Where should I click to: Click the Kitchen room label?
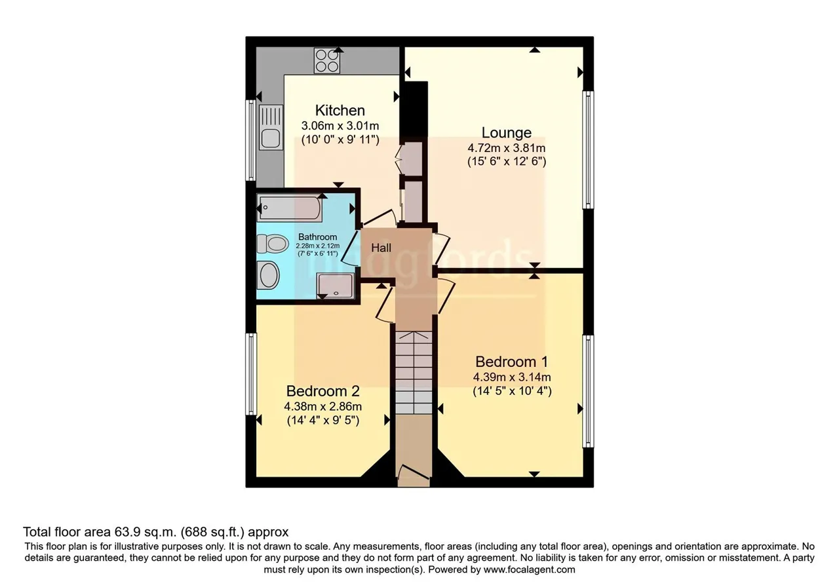pyautogui.click(x=340, y=111)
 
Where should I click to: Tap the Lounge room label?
pyautogui.click(x=507, y=132)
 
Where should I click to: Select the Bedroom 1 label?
pyautogui.click(x=512, y=362)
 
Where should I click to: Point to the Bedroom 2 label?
pyautogui.click(x=323, y=391)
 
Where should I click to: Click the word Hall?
pyautogui.click(x=381, y=248)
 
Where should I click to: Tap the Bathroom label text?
pyautogui.click(x=318, y=237)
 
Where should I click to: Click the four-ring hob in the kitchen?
pyautogui.click(x=327, y=61)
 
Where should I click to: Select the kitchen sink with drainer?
pyautogui.click(x=271, y=127)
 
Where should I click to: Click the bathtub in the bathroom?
pyautogui.click(x=290, y=208)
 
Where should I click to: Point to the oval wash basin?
pyautogui.click(x=269, y=275)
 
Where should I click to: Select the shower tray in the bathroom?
pyautogui.click(x=335, y=286)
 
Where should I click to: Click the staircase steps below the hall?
pyautogui.click(x=414, y=373)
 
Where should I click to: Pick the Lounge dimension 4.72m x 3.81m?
pyautogui.click(x=507, y=148)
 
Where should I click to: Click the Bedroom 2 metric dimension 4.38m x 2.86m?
pyautogui.click(x=323, y=406)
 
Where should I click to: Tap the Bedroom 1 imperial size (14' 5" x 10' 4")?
pyautogui.click(x=512, y=391)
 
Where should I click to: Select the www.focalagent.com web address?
pyautogui.click(x=529, y=570)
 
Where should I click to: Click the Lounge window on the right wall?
pyautogui.click(x=589, y=150)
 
